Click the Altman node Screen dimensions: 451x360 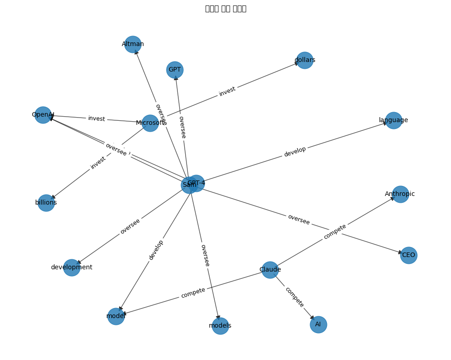[x=133, y=44]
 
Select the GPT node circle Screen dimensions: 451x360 [x=175, y=70]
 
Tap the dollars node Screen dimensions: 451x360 [x=305, y=60]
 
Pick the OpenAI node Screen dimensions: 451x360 [x=43, y=115]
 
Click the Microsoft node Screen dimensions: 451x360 [x=150, y=123]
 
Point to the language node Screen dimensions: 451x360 [x=394, y=120]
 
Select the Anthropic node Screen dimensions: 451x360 [x=400, y=194]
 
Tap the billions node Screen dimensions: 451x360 [x=46, y=203]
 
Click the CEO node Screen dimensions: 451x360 [x=409, y=255]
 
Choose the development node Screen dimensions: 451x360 [x=72, y=267]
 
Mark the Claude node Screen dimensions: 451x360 [x=270, y=270]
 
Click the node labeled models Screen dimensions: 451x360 [x=220, y=326]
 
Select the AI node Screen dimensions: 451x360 [x=318, y=324]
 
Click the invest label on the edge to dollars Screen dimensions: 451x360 [x=227, y=91]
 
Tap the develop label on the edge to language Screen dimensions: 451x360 [x=295, y=152]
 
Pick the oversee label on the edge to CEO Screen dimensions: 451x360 [x=299, y=220]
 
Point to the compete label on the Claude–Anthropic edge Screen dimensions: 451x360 [x=335, y=231]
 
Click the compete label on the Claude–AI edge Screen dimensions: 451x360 [x=294, y=297]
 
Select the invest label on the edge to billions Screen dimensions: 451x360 [x=98, y=163]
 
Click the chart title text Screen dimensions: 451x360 [x=226, y=9]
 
